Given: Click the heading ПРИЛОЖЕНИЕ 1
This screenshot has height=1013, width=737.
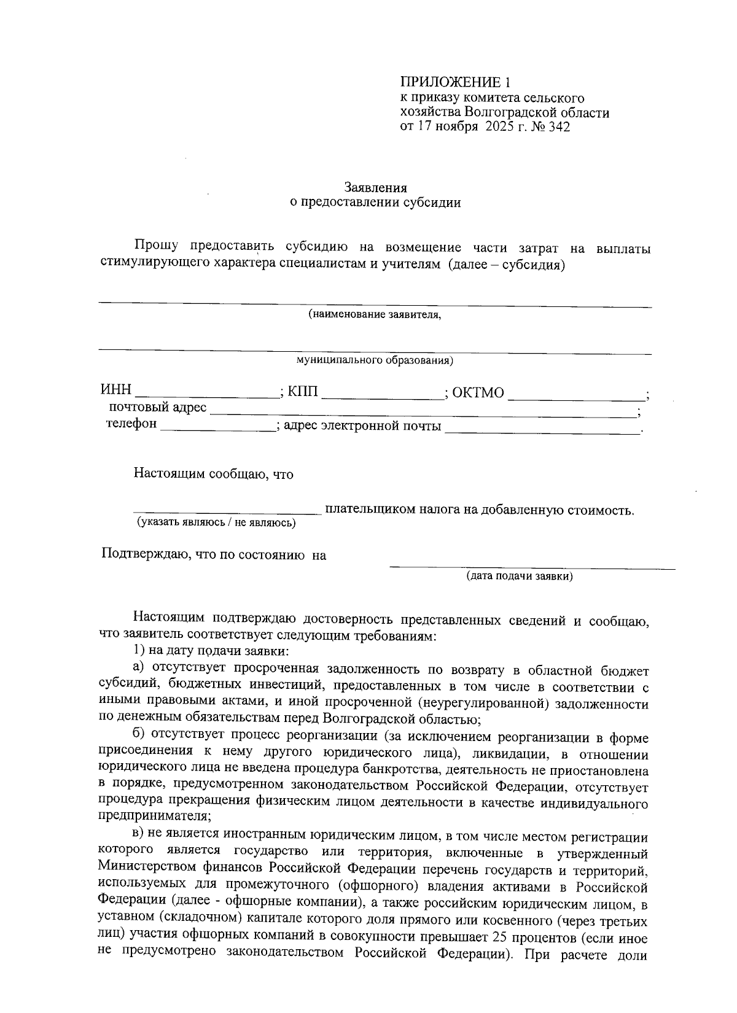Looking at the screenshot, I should (455, 82).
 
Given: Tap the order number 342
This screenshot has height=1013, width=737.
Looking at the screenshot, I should (560, 127).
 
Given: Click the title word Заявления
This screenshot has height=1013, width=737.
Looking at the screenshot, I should (375, 187).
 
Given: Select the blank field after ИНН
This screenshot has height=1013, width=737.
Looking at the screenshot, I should (206, 394).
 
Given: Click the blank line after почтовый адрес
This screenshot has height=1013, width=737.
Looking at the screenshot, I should (424, 409).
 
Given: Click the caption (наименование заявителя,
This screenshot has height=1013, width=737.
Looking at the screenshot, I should (375, 315).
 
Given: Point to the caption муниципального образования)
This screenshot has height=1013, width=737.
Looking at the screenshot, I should (375, 360).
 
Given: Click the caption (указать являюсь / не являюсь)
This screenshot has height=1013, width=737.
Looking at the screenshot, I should (216, 522).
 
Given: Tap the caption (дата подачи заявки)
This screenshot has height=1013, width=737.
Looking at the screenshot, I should (520, 576).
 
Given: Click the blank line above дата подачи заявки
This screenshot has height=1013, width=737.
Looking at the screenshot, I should (532, 566).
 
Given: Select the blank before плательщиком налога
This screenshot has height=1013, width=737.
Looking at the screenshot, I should (227, 510).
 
